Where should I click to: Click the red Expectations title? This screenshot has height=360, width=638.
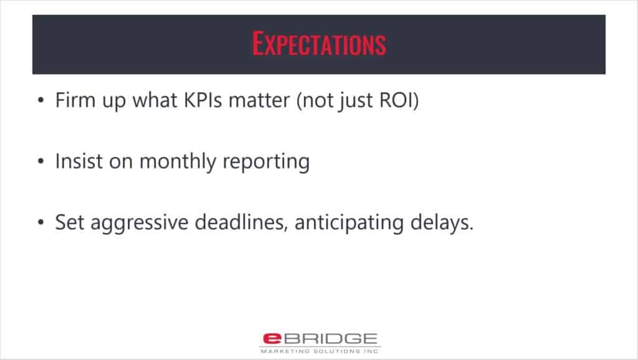[x=319, y=44]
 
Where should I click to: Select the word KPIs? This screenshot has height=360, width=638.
[x=203, y=100]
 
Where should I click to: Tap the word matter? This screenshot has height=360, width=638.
[x=259, y=100]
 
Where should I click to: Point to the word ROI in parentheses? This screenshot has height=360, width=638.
[x=396, y=100]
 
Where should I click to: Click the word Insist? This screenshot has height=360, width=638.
[x=79, y=161]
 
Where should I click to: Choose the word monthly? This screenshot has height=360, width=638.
[x=178, y=162]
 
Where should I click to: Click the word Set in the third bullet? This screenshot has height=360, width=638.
[x=70, y=222]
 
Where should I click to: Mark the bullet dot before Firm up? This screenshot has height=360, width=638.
[x=40, y=100]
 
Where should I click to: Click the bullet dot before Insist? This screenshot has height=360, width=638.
[x=40, y=161]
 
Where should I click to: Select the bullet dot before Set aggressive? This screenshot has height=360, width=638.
[x=40, y=222]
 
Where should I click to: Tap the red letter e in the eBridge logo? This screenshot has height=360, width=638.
[x=272, y=338]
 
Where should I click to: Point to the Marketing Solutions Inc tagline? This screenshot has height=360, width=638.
[x=320, y=351]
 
